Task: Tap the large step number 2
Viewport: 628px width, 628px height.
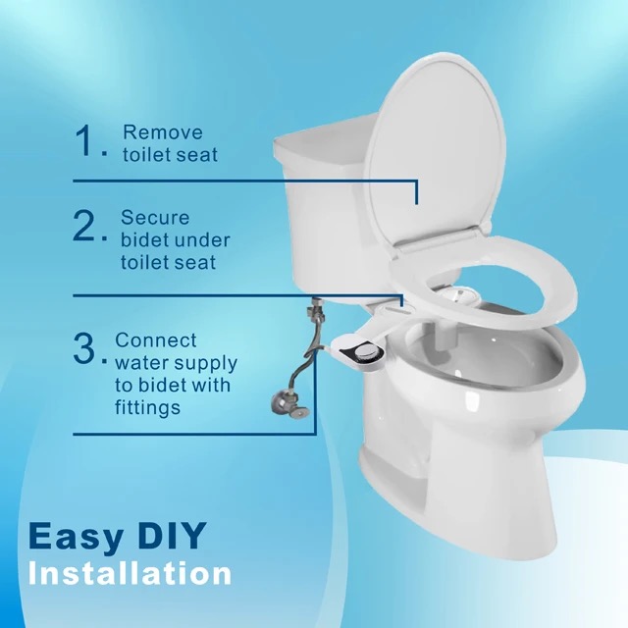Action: coord(85,226)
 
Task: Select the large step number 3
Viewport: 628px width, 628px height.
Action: coord(85,348)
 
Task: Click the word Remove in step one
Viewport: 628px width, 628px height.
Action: coord(163,132)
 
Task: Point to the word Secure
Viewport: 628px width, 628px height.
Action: coord(155,218)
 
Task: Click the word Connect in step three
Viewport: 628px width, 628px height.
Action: coord(156,340)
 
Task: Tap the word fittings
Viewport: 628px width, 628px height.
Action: coord(148,408)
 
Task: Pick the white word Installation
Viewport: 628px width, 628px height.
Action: coord(131,573)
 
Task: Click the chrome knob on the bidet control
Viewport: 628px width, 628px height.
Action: coord(365,351)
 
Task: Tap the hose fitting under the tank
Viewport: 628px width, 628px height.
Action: coord(313,307)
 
